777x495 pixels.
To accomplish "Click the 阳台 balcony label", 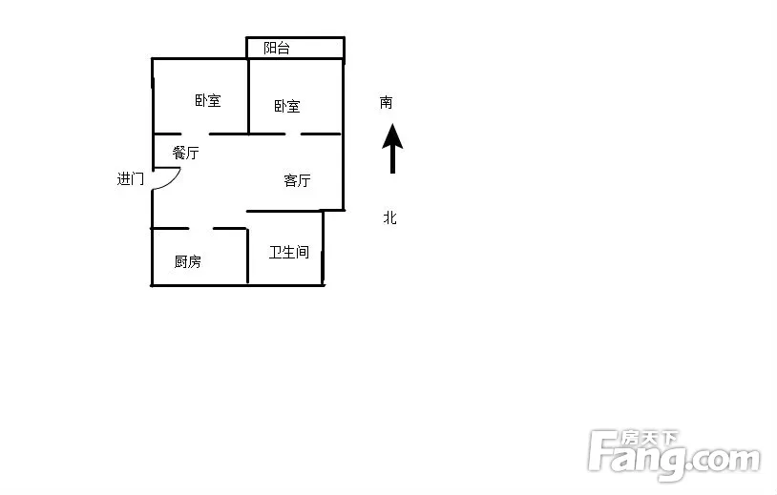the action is [x=277, y=48].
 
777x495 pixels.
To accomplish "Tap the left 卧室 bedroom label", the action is [x=208, y=100].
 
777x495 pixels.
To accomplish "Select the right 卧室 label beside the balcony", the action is [x=287, y=106].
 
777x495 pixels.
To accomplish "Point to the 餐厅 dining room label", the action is [x=186, y=153].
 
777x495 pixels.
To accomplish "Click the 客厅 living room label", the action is [x=297, y=180].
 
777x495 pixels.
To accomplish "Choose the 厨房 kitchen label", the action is [x=188, y=261].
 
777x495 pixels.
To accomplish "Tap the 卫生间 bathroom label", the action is [x=289, y=252].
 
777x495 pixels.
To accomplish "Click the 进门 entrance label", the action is [x=131, y=178].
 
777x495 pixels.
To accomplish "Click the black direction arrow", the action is [x=392, y=149].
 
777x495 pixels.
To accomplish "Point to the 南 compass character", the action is [x=386, y=102].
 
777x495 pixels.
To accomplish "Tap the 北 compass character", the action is [x=390, y=217].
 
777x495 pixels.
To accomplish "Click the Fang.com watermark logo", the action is [x=674, y=455].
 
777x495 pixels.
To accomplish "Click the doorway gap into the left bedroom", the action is [x=195, y=134].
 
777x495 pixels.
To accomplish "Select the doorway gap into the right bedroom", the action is [x=293, y=134].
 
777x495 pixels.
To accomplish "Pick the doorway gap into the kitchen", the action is [x=200, y=228].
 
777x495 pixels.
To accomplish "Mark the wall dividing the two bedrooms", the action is [x=248, y=96].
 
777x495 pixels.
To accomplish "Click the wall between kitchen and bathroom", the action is [x=247, y=257].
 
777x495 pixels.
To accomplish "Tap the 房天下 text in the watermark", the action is [x=649, y=438].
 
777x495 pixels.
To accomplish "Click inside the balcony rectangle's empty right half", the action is [x=317, y=48].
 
